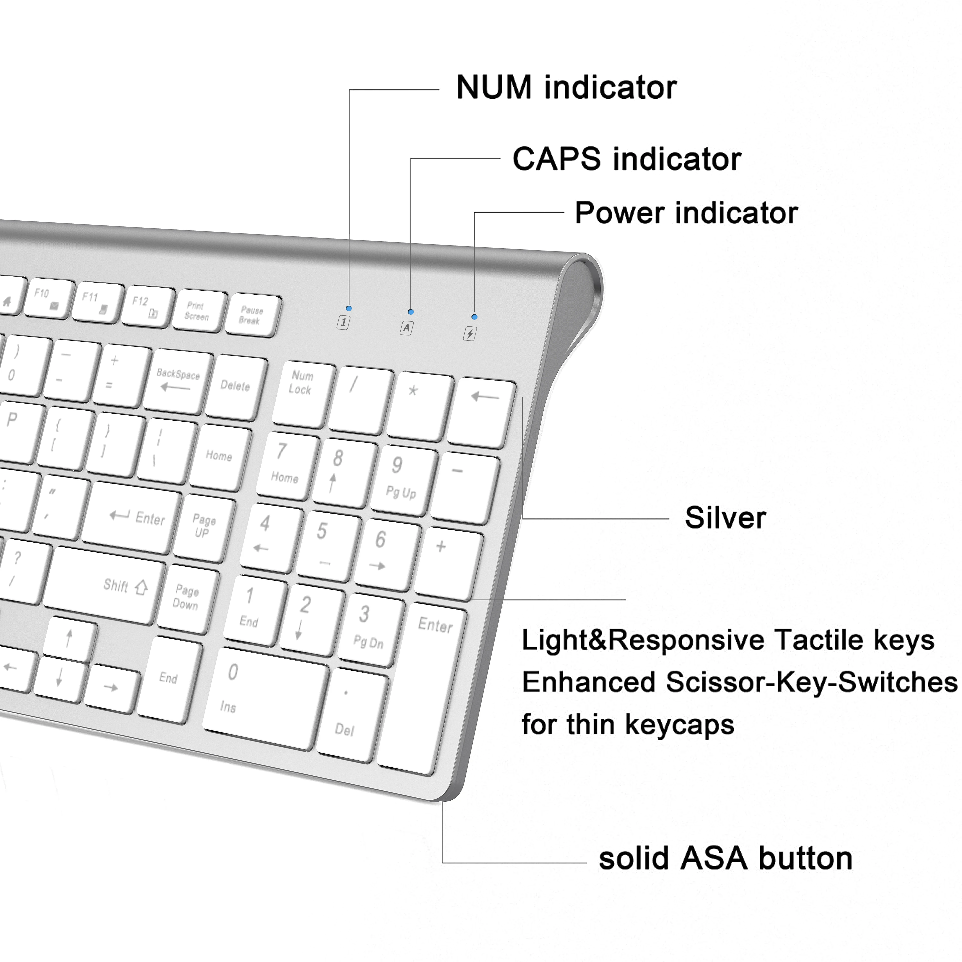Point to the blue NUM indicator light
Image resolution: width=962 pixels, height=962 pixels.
point(348,308)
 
